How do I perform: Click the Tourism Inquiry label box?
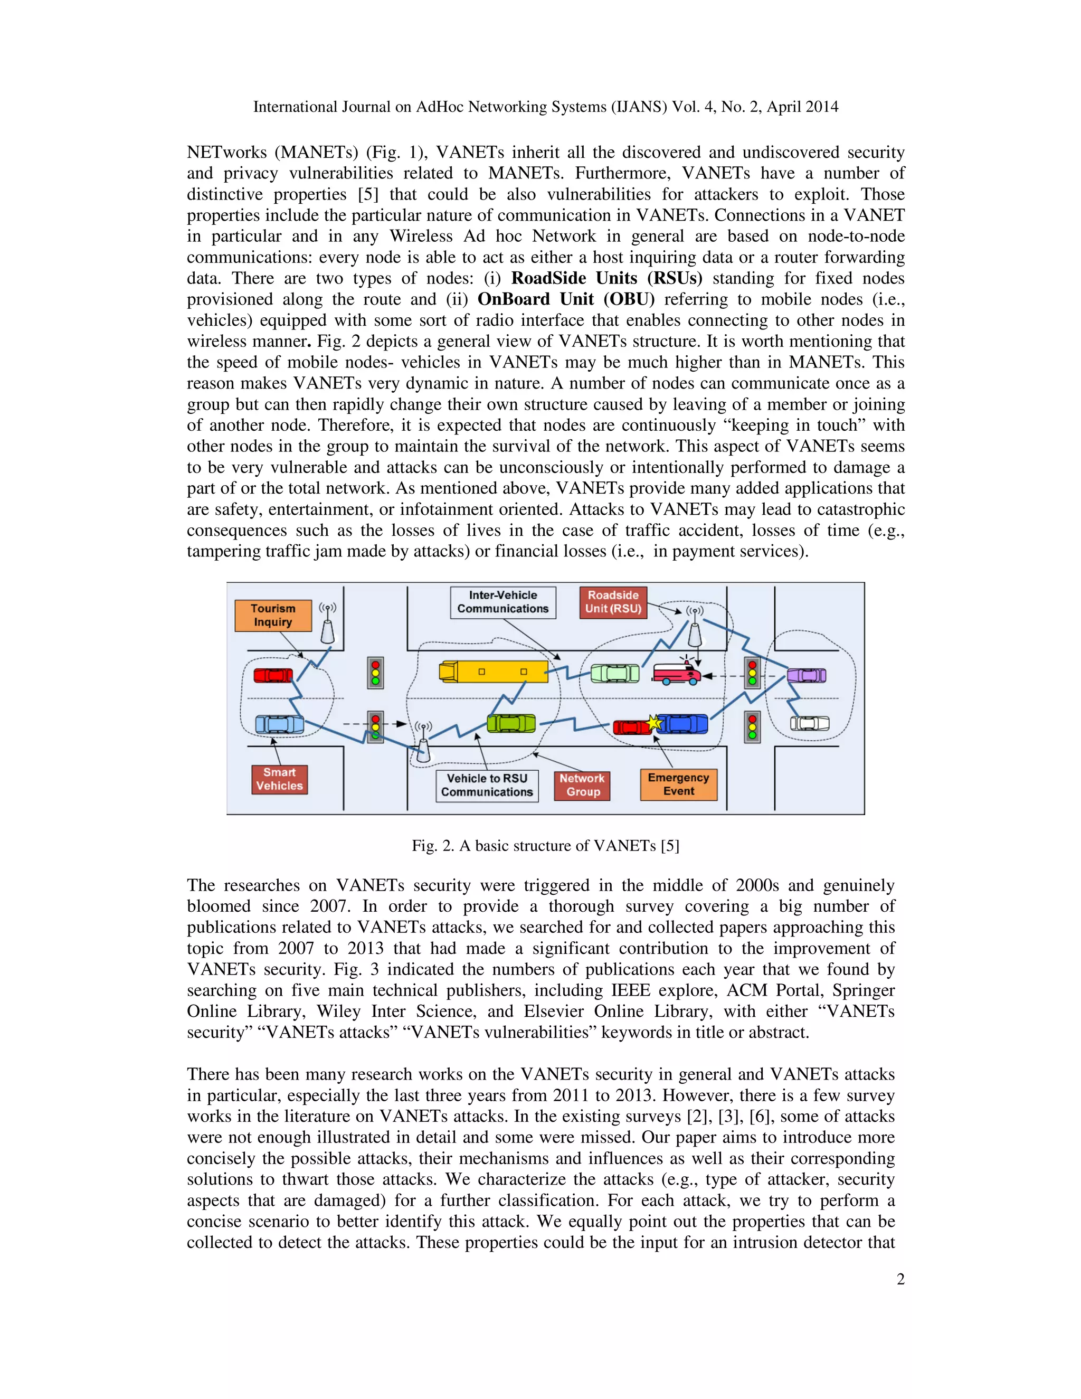(273, 615)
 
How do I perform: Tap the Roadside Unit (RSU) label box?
(613, 602)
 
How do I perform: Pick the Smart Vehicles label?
(279, 779)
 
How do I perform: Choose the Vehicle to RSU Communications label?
(487, 786)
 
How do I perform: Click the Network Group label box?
(582, 786)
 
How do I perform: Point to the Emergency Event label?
(678, 784)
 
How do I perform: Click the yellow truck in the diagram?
(493, 672)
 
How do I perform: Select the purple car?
(807, 675)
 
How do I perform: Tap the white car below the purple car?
(810, 723)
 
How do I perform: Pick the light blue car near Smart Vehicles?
(279, 724)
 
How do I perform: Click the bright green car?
(510, 723)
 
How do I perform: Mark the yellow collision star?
(653, 723)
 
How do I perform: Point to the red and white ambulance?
(676, 674)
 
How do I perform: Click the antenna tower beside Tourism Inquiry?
(327, 624)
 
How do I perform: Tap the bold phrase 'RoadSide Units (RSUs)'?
(606, 278)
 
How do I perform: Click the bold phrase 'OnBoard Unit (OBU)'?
(566, 299)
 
